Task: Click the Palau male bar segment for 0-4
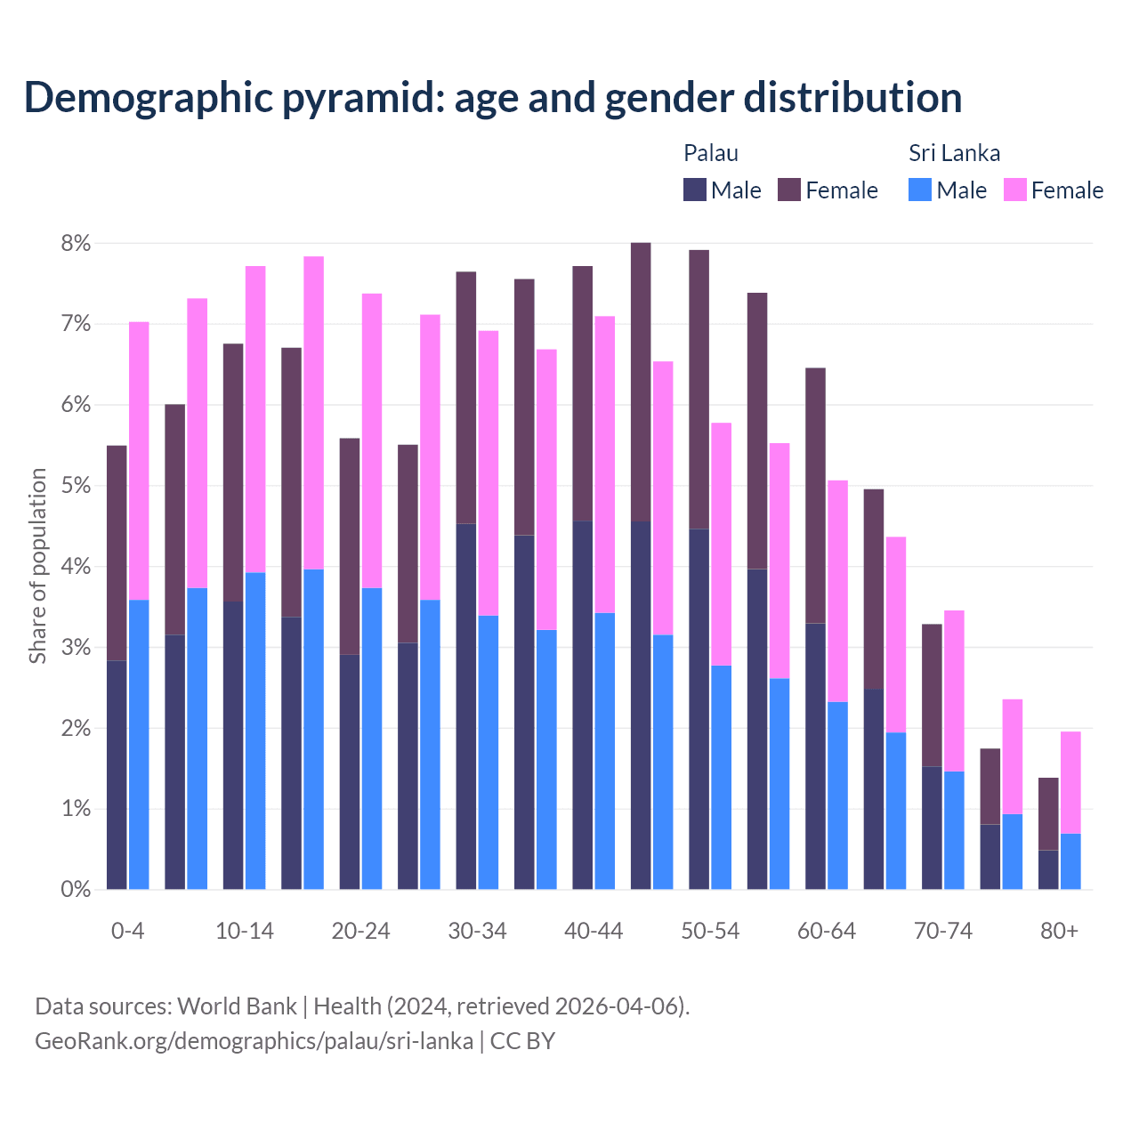tap(117, 774)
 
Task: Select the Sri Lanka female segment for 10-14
tap(255, 419)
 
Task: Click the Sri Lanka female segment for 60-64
tap(837, 591)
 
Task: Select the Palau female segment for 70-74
tap(932, 695)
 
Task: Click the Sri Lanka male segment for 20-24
tap(372, 739)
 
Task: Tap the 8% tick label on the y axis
tap(76, 244)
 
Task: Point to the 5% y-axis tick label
tap(76, 487)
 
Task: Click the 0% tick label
tap(76, 890)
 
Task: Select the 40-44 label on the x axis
tap(594, 932)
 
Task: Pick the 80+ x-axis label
tap(1059, 932)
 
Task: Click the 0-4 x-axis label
tap(127, 932)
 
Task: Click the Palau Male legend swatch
tap(695, 190)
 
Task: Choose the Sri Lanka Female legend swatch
tap(1015, 190)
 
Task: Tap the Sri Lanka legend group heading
tap(954, 153)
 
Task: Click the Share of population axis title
tap(37, 566)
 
